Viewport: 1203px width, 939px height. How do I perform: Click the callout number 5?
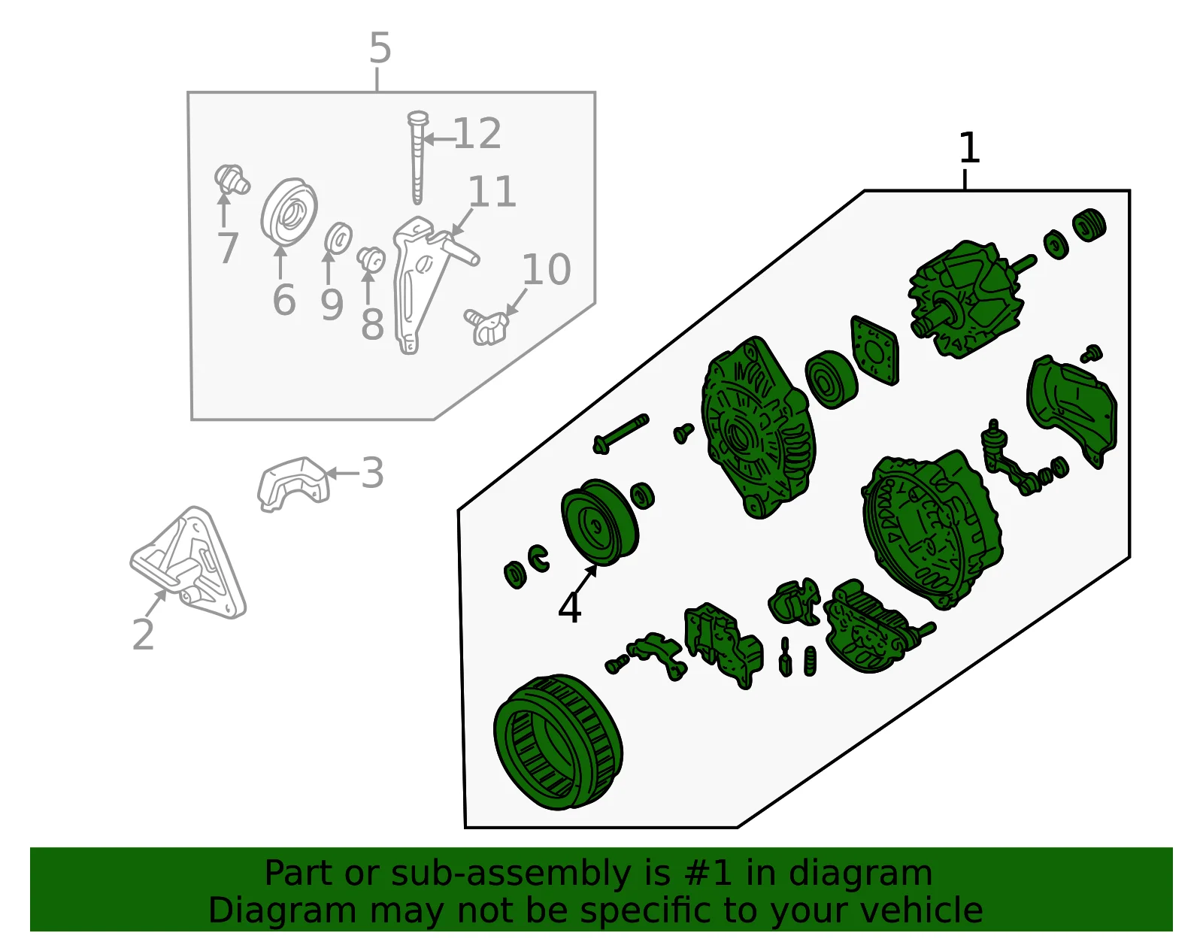380,47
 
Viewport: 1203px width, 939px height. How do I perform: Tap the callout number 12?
477,134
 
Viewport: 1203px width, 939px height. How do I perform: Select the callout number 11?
492,192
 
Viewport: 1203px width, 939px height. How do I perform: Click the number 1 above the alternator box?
969,148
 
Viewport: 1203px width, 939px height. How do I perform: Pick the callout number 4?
570,608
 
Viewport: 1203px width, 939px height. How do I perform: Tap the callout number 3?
373,473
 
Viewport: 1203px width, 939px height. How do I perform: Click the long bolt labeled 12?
417,157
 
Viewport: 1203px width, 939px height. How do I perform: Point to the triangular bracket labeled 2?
188,563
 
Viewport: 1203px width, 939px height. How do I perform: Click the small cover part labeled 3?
293,485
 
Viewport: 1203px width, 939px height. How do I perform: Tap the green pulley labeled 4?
600,523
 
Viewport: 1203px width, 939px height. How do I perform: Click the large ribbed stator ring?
558,743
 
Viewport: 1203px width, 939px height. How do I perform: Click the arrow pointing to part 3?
343,473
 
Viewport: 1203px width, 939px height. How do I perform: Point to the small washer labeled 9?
338,238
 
